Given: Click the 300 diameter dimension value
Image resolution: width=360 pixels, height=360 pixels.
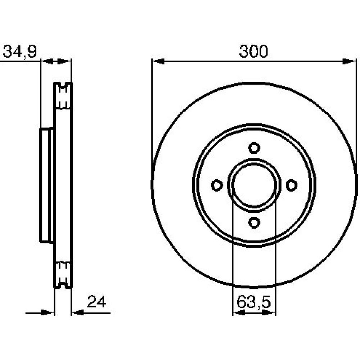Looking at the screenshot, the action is click(x=253, y=51).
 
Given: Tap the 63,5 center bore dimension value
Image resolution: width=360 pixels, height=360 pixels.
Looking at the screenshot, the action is click(x=254, y=302).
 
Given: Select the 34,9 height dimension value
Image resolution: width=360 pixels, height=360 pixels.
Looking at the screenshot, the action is click(x=19, y=51).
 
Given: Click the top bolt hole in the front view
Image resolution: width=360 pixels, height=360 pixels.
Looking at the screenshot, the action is click(x=254, y=148).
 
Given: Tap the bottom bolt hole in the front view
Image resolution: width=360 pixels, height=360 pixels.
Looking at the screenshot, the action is click(x=254, y=222).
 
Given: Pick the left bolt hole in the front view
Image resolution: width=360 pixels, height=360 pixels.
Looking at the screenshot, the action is click(x=217, y=185).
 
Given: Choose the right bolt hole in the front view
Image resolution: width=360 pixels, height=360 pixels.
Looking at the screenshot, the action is click(x=292, y=185).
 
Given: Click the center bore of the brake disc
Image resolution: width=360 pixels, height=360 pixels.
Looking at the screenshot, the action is click(x=254, y=185).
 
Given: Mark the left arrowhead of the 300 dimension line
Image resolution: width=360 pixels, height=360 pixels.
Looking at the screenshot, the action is click(x=158, y=61).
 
